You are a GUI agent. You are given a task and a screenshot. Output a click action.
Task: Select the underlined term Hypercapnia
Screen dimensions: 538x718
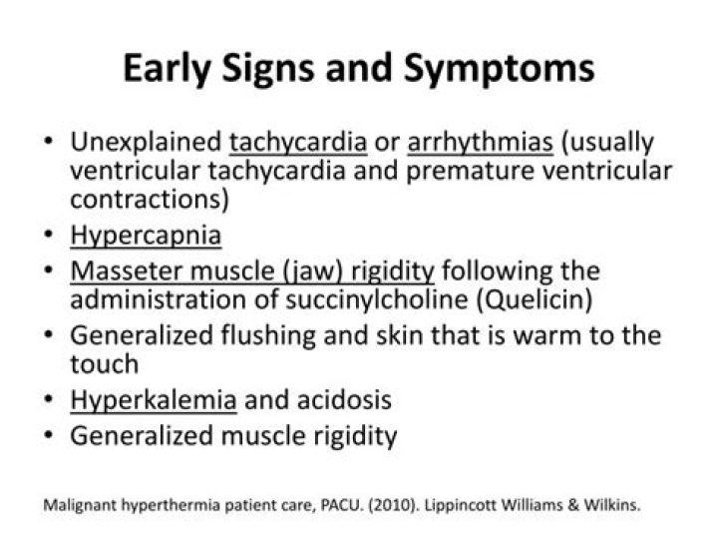pos(146,237)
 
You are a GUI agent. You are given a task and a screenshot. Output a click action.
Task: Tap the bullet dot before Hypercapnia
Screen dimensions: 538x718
pos(49,236)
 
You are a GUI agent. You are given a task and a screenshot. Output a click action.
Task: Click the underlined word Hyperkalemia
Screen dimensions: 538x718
pos(154,401)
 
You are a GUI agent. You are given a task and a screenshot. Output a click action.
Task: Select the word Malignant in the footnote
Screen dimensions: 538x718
pos(81,504)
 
